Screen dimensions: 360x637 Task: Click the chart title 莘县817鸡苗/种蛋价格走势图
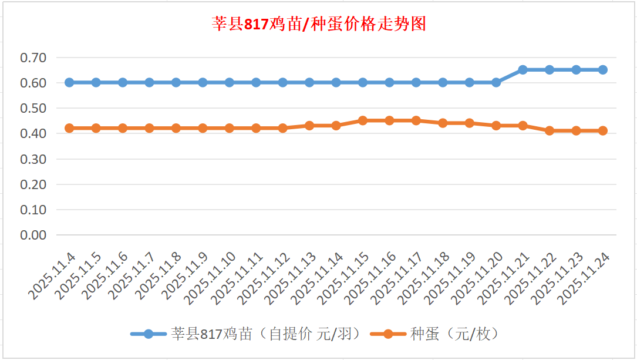click(x=318, y=25)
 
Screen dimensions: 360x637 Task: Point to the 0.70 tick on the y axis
click(x=33, y=58)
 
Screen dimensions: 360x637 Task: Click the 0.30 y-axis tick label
click(x=33, y=159)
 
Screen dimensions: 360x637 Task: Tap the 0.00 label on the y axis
click(x=33, y=235)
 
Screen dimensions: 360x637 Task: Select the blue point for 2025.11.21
click(x=523, y=70)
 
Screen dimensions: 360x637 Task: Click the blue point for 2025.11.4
click(x=69, y=82)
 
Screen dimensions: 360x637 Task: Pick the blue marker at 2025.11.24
click(x=602, y=70)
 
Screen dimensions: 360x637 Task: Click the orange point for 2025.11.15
click(x=363, y=120)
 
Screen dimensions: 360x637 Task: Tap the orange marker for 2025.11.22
click(x=550, y=131)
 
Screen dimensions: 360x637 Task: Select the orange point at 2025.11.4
click(x=69, y=128)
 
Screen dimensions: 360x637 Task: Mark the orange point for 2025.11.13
click(x=309, y=126)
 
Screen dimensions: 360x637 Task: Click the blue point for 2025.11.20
click(x=496, y=82)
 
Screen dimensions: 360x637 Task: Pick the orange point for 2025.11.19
click(x=470, y=123)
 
